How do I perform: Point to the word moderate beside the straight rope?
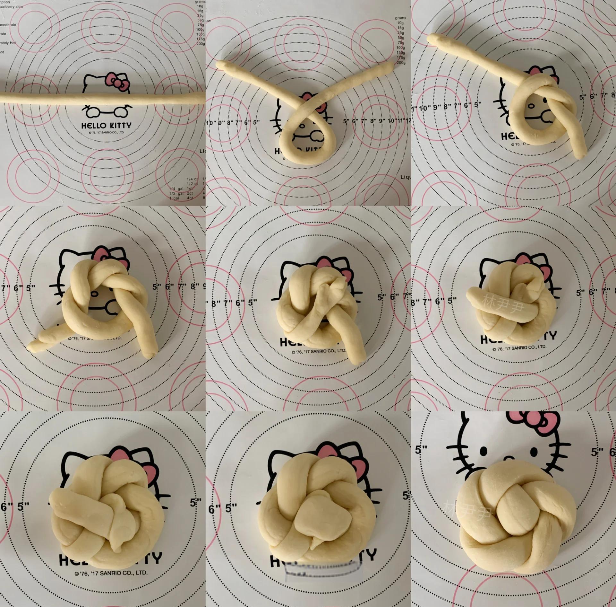tap(8, 25)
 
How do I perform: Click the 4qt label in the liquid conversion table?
tap(190, 198)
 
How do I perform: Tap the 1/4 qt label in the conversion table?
tap(192, 179)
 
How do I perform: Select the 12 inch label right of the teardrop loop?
tap(408, 121)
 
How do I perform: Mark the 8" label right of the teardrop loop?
tap(373, 121)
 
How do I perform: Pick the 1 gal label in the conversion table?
tap(174, 198)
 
